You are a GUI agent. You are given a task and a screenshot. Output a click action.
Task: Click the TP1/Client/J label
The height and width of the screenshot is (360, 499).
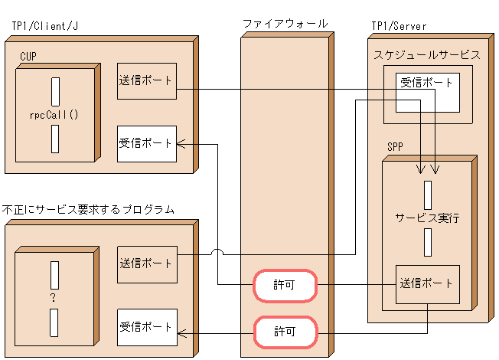[44, 26]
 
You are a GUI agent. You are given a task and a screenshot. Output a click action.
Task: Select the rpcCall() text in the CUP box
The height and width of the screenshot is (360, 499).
[55, 116]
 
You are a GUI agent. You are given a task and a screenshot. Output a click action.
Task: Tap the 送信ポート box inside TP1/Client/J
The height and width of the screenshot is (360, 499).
[147, 80]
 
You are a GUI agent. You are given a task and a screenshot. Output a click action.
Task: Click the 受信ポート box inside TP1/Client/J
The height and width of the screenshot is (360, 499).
[147, 143]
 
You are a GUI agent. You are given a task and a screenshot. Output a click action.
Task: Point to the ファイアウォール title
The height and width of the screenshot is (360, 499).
[285, 24]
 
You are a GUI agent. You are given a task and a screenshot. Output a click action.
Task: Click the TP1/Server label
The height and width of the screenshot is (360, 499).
[399, 26]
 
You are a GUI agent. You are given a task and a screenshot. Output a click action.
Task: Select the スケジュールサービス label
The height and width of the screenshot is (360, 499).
[427, 55]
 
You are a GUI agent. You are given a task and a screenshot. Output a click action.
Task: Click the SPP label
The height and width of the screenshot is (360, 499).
[395, 146]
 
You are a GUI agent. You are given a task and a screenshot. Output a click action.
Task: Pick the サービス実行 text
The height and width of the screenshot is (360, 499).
[427, 218]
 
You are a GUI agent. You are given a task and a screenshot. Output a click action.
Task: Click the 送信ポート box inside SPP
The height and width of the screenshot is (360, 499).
[427, 283]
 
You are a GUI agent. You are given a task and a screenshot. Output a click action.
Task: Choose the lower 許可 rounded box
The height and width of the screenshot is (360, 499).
[284, 332]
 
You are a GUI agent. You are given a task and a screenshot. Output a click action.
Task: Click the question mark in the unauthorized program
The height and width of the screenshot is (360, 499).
[54, 297]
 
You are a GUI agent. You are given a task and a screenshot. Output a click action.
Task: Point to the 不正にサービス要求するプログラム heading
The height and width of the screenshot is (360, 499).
[88, 209]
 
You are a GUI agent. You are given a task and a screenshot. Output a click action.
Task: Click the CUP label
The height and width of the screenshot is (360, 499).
[28, 57]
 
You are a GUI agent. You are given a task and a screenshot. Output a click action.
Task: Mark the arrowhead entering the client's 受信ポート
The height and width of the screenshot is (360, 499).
[181, 143]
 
